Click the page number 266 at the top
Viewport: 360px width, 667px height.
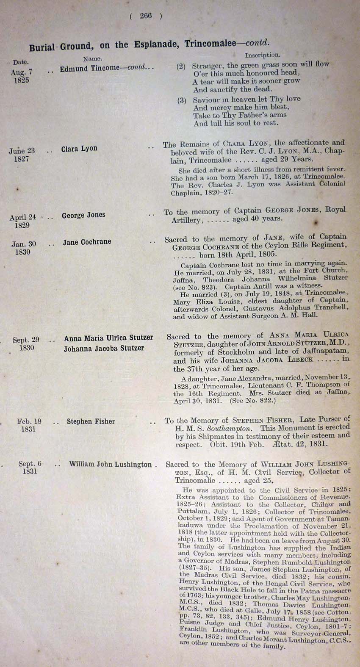[x=146, y=16]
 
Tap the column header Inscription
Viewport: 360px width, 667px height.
[x=262, y=55]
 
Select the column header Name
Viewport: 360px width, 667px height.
[x=92, y=59]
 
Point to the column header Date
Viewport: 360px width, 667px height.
[x=20, y=63]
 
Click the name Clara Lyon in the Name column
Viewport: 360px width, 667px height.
[x=79, y=149]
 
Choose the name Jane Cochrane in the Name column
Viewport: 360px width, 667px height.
[x=87, y=242]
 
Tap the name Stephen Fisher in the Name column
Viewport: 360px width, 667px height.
[x=91, y=421]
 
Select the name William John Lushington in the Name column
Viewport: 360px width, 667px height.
[x=110, y=465]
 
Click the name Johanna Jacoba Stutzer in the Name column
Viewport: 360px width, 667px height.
[x=104, y=349]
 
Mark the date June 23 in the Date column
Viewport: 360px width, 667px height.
[x=22, y=151]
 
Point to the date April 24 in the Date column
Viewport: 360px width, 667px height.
[x=23, y=217]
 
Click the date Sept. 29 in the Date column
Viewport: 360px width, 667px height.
[x=26, y=340]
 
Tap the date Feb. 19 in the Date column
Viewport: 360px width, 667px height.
[x=29, y=421]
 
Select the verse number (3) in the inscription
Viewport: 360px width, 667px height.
[x=182, y=100]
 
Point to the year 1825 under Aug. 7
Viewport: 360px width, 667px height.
[x=21, y=80]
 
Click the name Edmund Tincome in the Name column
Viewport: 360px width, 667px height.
[x=90, y=68]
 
